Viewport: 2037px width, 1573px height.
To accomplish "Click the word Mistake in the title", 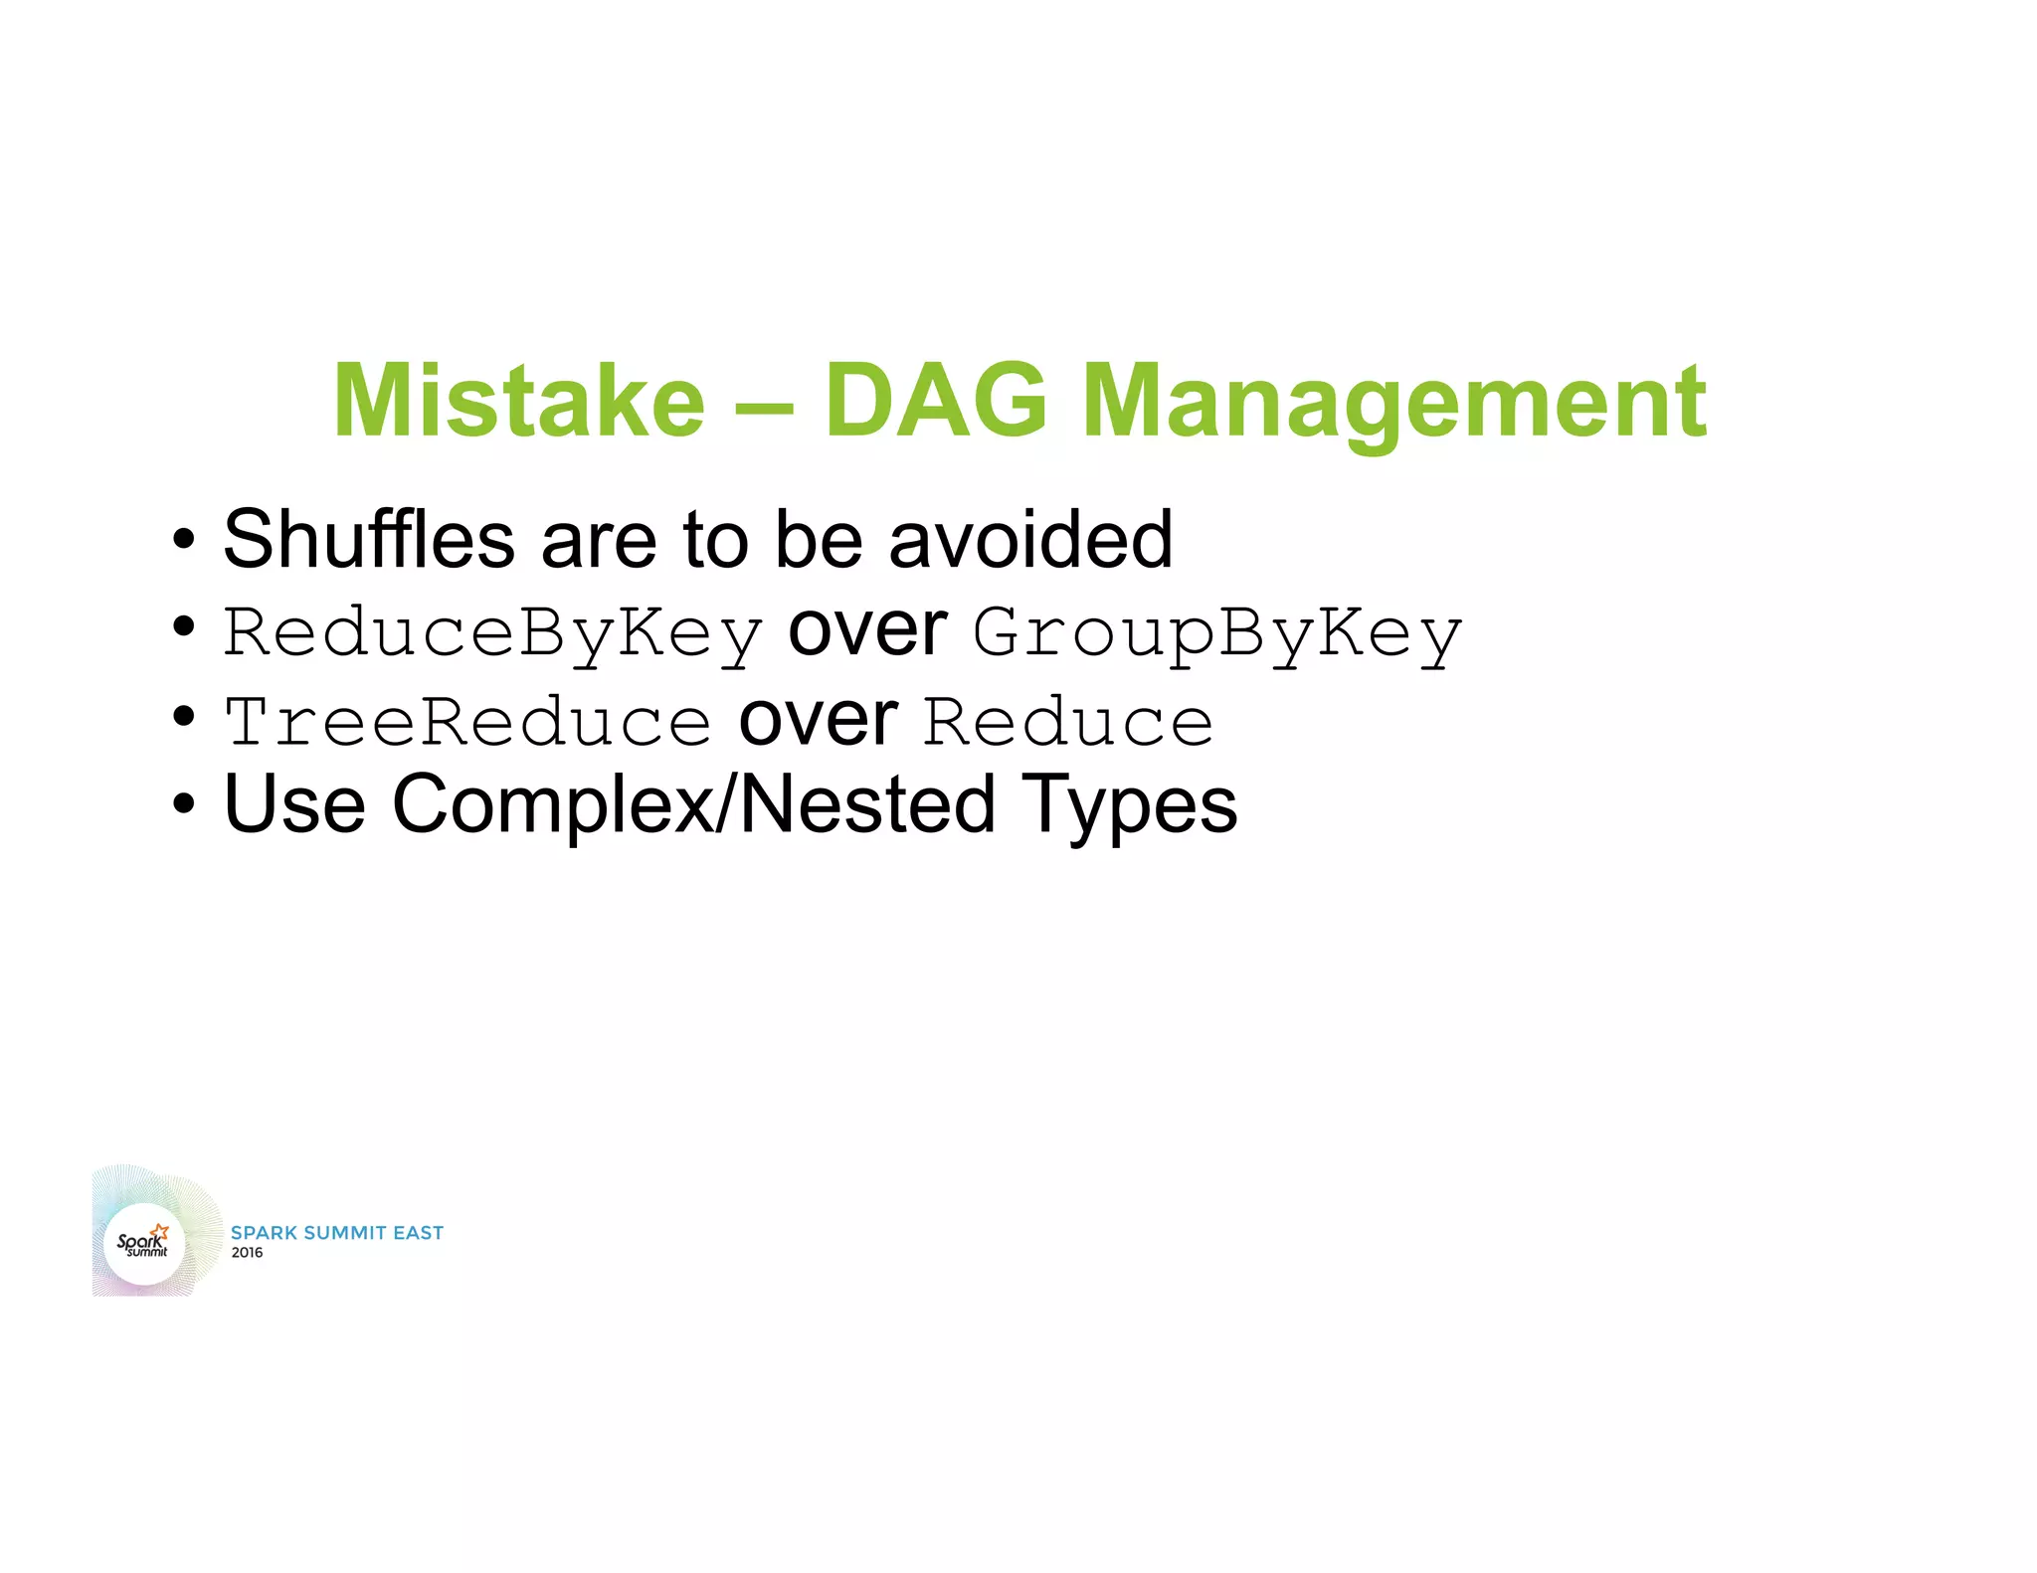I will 518,401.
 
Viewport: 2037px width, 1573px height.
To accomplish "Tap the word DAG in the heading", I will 936,401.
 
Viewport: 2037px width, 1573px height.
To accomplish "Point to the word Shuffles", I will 369,540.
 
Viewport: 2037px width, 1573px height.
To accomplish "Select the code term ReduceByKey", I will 493,632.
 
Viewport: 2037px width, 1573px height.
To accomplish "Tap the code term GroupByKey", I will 1217,632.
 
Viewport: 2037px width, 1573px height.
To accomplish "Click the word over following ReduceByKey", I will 867,630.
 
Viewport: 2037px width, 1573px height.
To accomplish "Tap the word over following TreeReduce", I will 818,720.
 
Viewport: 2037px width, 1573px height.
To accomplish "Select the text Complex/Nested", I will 693,804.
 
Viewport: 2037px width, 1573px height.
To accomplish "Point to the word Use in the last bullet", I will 295,804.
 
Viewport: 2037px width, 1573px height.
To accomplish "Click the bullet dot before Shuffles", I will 183,541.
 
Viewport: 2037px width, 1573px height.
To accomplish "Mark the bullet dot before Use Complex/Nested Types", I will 183,804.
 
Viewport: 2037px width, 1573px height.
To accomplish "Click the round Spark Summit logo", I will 145,1243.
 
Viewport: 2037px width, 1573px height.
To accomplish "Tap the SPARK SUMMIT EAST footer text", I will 337,1233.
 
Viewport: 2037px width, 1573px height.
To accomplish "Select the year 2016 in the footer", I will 247,1253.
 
